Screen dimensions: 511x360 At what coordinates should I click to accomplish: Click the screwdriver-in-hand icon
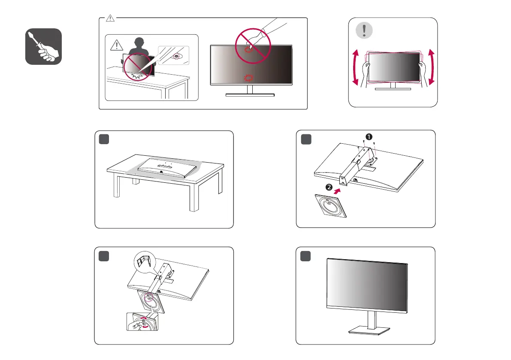(43, 46)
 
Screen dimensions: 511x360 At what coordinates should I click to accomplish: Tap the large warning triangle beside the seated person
(115, 45)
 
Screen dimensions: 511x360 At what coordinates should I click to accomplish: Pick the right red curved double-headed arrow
(431, 68)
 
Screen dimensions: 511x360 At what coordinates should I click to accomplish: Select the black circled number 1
(367, 136)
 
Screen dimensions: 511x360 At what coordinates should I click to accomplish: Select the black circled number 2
(328, 188)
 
